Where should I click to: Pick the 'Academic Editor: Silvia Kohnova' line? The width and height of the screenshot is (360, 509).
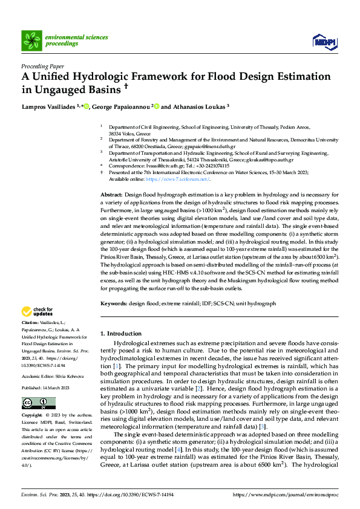click(53, 375)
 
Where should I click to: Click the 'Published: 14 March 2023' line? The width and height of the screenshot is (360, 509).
click(48, 387)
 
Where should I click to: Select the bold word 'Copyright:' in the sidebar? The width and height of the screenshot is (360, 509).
click(32, 417)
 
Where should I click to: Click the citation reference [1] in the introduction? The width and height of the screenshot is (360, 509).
click(117, 367)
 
